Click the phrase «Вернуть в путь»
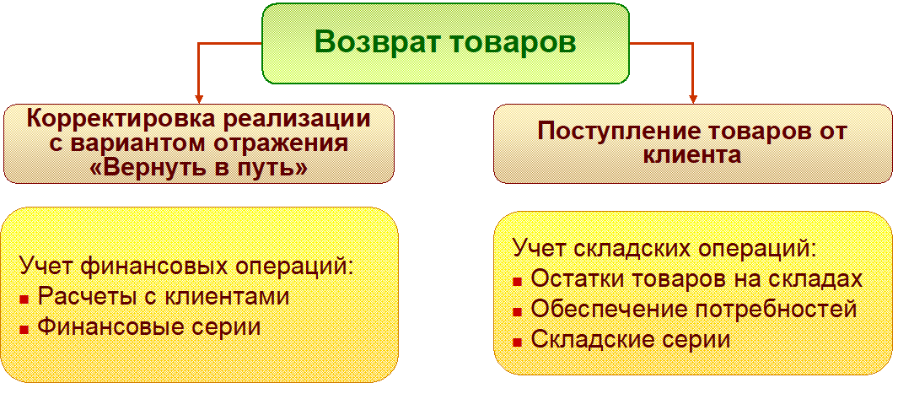[199, 169]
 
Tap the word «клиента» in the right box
[691, 156]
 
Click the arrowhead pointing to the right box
[692, 99]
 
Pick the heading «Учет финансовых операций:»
[186, 267]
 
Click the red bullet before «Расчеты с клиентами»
[24, 299]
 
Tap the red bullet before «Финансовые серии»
[24, 329]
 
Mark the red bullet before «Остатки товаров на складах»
[518, 281]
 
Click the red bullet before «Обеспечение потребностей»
[518, 311]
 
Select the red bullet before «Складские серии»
[518, 342]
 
